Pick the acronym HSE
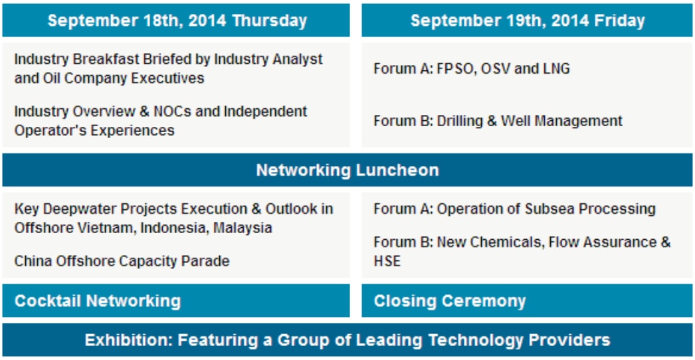[x=387, y=260]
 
